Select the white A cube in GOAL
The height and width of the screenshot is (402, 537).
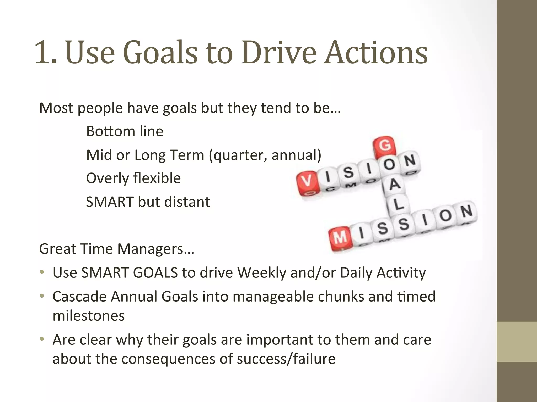pos(394,185)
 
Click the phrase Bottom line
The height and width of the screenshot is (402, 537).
pos(125,131)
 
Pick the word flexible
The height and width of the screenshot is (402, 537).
pos(157,178)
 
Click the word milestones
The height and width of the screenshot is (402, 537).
pos(89,316)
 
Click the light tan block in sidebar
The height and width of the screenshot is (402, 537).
pos(517,342)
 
